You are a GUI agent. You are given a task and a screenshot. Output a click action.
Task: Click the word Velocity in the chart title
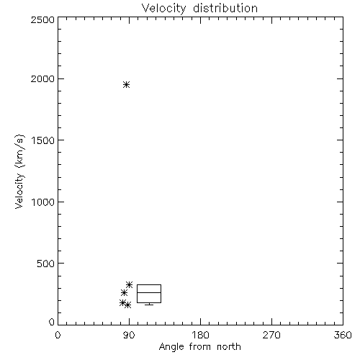pyautogui.click(x=163, y=9)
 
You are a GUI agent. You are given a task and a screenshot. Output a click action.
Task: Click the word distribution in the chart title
pyautogui.click(x=225, y=8)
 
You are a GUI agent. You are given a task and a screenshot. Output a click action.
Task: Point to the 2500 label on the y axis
pyautogui.click(x=42, y=19)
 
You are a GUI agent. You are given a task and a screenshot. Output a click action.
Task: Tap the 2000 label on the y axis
pyautogui.click(x=42, y=79)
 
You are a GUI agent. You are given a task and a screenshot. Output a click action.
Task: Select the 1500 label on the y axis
pyautogui.click(x=43, y=140)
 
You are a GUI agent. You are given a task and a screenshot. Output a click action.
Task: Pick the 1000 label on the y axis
pyautogui.click(x=43, y=202)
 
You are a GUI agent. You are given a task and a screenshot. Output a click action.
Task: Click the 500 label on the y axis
pyautogui.click(x=46, y=264)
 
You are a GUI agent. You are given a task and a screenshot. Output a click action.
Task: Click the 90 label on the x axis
pyautogui.click(x=129, y=335)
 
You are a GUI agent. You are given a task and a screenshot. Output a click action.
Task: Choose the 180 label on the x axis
pyautogui.click(x=200, y=335)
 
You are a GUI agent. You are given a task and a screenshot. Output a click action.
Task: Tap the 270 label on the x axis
pyautogui.click(x=271, y=335)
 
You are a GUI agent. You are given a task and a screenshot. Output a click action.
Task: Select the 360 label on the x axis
pyautogui.click(x=343, y=335)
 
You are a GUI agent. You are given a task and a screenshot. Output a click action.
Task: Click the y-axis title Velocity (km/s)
pyautogui.click(x=19, y=171)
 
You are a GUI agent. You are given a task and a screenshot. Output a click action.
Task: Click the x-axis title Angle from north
pyautogui.click(x=199, y=347)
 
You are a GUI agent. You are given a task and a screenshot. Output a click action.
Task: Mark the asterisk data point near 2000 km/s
pyautogui.click(x=127, y=85)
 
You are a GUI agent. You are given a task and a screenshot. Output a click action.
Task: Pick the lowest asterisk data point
pyautogui.click(x=127, y=305)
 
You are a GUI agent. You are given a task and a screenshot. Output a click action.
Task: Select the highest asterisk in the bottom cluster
pyautogui.click(x=130, y=285)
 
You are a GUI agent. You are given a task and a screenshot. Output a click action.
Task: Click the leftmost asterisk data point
pyautogui.click(x=123, y=303)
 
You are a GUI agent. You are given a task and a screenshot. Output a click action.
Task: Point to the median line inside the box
pyautogui.click(x=149, y=292)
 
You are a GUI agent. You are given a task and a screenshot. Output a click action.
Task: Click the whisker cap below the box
pyautogui.click(x=149, y=305)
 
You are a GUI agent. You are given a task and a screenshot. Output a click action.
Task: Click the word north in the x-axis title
pyautogui.click(x=229, y=346)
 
